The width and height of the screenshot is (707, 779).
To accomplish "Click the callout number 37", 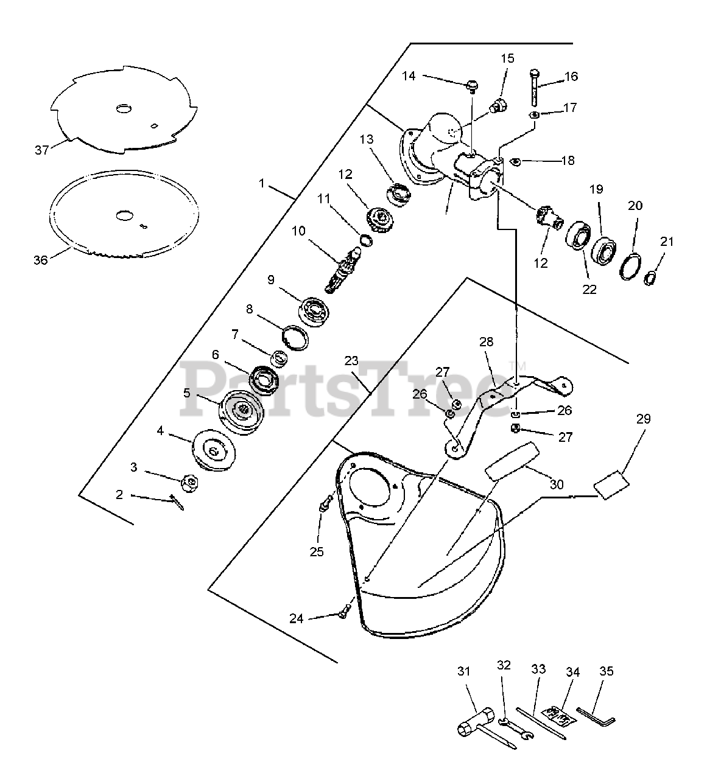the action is [41, 149].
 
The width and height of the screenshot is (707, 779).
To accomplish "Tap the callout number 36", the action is [40, 260].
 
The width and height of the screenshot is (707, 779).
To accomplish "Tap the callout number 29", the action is [643, 419].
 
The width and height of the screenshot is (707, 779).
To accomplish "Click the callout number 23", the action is [351, 360].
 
